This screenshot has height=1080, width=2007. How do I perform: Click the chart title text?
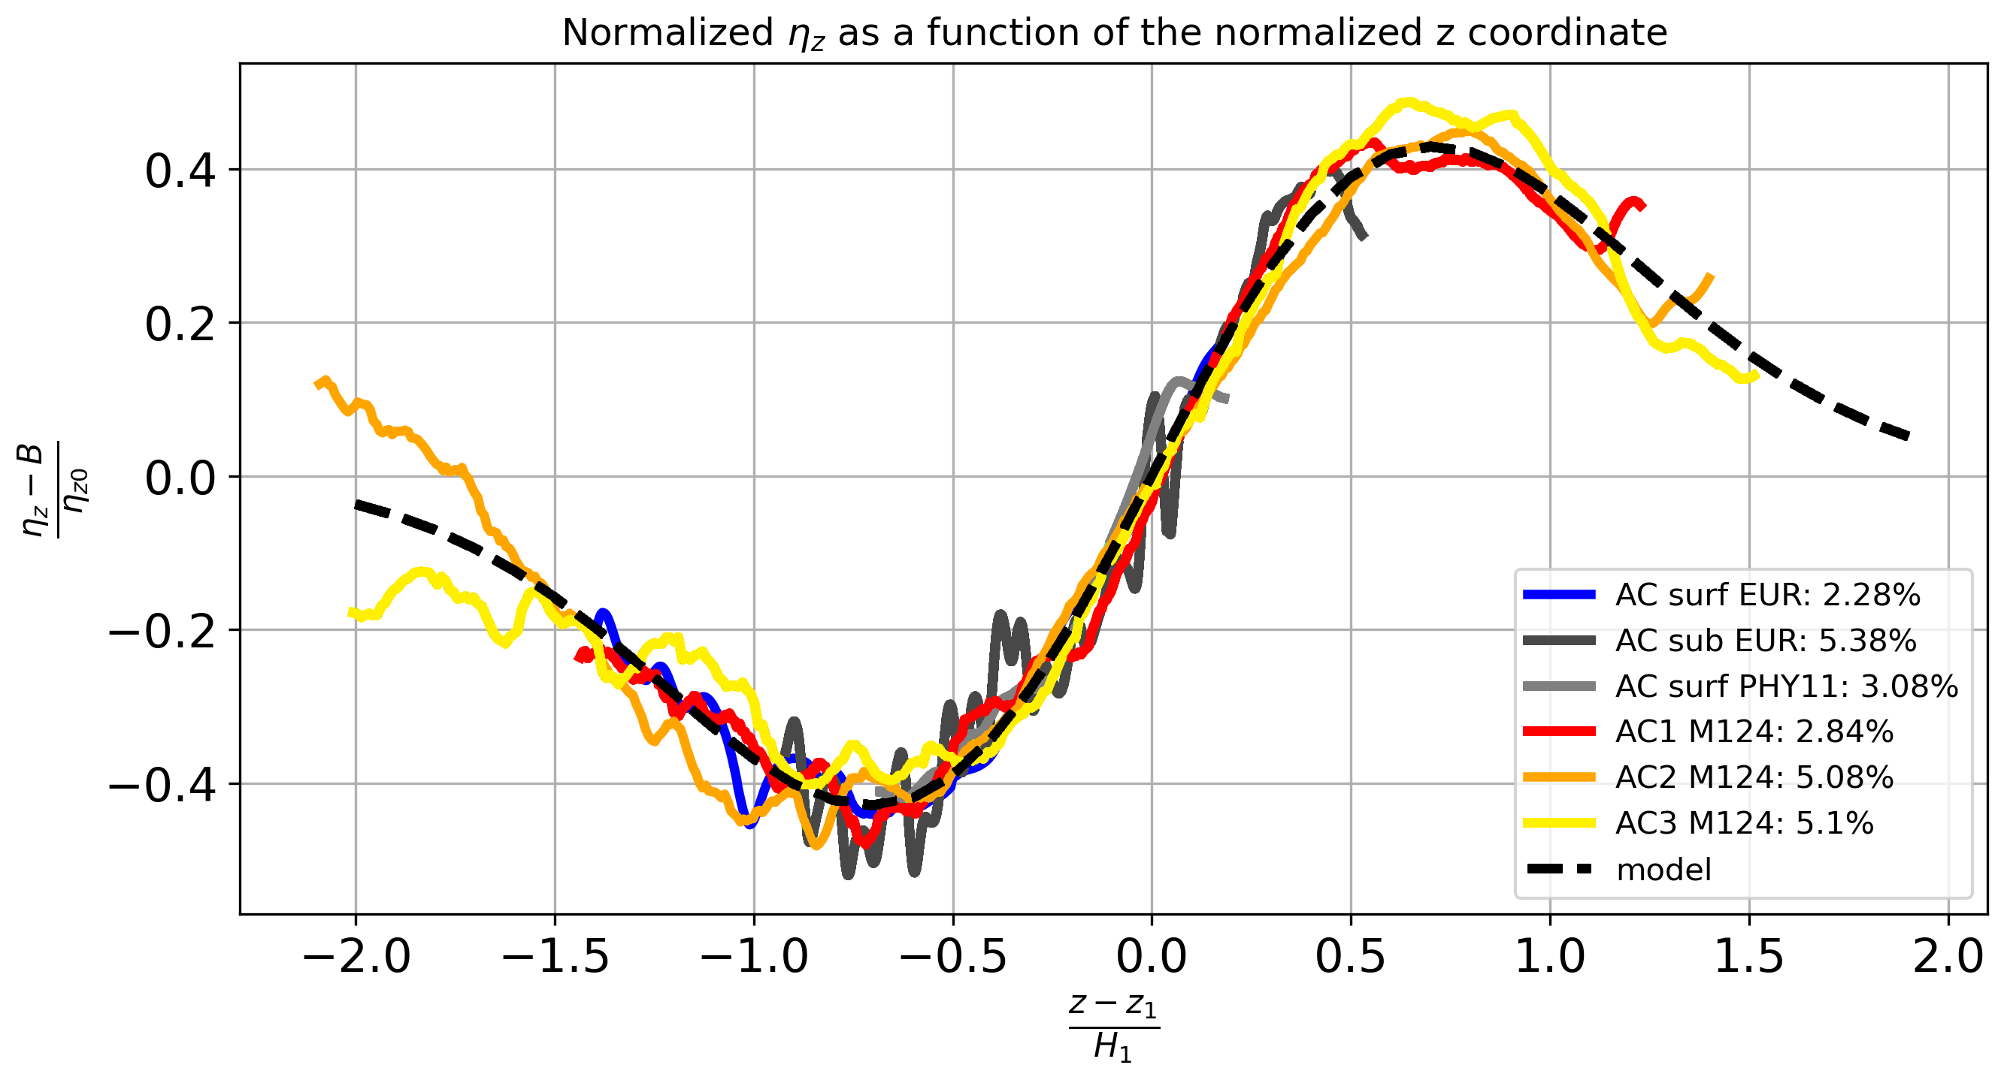(1113, 33)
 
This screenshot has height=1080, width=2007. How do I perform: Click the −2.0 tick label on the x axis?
(356, 956)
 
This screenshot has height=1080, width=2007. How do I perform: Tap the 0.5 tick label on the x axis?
(1350, 956)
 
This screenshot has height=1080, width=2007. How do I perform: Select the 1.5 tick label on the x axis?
(1749, 956)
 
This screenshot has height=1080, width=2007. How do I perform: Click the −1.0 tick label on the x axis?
(754, 956)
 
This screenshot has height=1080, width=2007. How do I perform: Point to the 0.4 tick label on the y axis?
(180, 171)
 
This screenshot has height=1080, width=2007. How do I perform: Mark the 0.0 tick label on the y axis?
(180, 478)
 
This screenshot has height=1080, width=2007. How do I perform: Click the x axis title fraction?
(1113, 1026)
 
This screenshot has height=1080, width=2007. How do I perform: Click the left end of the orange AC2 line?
(317, 384)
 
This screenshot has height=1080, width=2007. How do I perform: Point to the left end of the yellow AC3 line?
(350, 612)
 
